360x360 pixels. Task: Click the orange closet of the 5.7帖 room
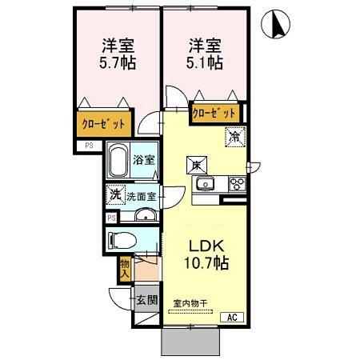click(106, 124)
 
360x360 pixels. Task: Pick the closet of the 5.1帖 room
click(215, 114)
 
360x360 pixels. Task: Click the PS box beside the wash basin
click(110, 217)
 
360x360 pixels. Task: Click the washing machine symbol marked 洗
click(115, 194)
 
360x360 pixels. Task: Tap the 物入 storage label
click(125, 269)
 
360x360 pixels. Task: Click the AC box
click(232, 318)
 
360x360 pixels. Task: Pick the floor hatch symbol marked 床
click(196, 165)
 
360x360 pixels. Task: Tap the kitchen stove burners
click(238, 183)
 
